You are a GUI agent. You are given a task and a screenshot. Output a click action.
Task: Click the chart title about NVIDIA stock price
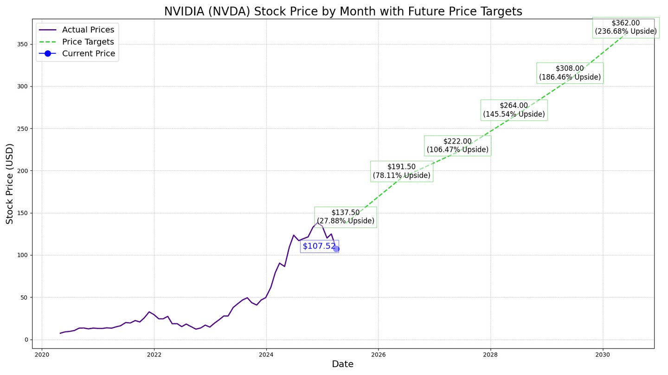pos(343,11)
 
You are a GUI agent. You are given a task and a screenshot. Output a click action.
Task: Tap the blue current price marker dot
pos(336,249)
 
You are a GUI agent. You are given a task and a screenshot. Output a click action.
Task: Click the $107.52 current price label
pos(319,246)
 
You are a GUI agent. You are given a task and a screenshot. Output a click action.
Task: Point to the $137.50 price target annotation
pos(346,217)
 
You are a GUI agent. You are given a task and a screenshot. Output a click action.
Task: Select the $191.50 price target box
pos(402,171)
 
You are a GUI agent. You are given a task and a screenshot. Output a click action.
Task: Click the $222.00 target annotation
pos(457,145)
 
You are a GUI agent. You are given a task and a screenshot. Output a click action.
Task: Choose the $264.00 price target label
pos(514,110)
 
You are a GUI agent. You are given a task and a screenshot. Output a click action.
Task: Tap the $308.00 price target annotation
pos(570,73)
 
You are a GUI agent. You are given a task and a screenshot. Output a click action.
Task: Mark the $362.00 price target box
pos(625,27)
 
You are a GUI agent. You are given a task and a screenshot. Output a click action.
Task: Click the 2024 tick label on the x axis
pos(266,355)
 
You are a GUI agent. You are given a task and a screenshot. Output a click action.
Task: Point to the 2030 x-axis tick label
pos(603,355)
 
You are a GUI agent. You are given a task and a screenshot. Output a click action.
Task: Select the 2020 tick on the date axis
pos(42,355)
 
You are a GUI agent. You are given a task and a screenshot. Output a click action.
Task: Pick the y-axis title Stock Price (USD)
pos(10,183)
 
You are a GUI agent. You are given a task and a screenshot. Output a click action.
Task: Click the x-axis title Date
pos(343,364)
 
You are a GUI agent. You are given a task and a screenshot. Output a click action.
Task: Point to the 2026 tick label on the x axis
pos(379,355)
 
